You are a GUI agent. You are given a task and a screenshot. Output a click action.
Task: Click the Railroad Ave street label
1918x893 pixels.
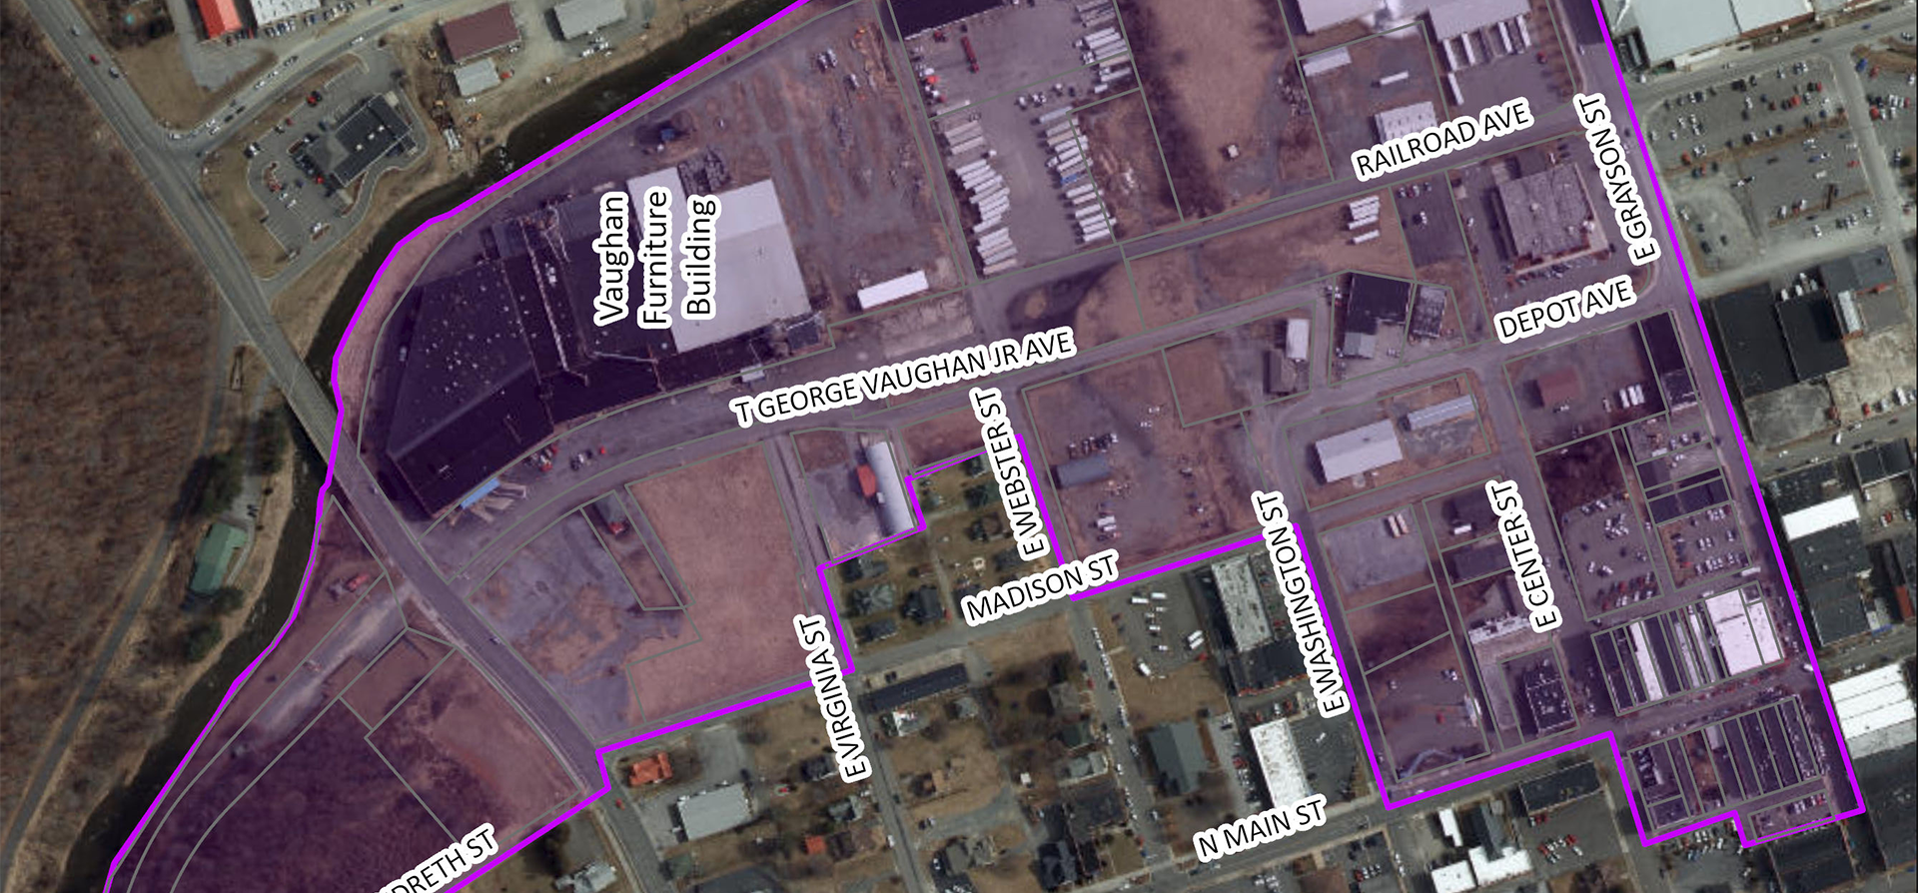[1441, 139]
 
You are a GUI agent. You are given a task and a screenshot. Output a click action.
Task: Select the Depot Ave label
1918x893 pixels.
[1565, 310]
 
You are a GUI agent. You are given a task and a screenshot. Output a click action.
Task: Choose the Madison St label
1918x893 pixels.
[1042, 589]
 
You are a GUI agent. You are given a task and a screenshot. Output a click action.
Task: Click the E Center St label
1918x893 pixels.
[1526, 555]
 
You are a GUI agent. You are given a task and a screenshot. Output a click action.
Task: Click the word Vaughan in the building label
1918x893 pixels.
[611, 259]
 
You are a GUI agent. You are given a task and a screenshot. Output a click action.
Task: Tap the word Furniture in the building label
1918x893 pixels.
[655, 257]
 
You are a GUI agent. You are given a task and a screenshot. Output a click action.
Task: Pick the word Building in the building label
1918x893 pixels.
[699, 257]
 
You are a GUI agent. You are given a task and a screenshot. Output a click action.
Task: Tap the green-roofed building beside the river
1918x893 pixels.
[219, 556]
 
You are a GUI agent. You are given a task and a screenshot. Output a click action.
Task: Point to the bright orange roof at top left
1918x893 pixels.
[221, 15]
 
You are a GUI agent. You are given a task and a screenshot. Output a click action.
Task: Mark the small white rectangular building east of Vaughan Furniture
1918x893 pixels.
[892, 290]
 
